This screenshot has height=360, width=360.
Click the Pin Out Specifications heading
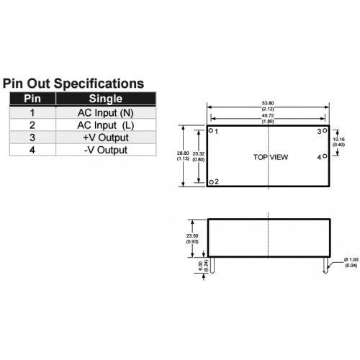(73, 84)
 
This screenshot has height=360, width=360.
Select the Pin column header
(32, 99)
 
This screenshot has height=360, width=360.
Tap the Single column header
(106, 99)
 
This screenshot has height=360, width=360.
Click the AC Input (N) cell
(106, 113)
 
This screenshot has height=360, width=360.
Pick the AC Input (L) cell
(106, 125)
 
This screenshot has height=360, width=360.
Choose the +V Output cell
(106, 138)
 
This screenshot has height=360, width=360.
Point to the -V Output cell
(106, 150)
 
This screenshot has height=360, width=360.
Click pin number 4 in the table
(32, 150)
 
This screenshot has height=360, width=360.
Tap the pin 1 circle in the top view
(211, 130)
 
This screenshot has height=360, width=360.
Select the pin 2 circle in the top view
(211, 182)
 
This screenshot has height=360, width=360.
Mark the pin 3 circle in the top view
(325, 130)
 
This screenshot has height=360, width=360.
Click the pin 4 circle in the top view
(325, 156)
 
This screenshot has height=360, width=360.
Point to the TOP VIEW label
(271, 157)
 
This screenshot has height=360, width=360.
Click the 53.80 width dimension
(268, 103)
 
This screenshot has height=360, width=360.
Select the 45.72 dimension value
(268, 116)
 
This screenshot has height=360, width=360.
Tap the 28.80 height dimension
(183, 153)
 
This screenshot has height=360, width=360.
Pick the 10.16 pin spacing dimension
(338, 139)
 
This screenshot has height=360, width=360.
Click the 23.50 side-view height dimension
(192, 236)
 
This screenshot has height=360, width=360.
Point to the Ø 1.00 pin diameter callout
(351, 260)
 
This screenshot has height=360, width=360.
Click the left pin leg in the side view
(212, 265)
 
